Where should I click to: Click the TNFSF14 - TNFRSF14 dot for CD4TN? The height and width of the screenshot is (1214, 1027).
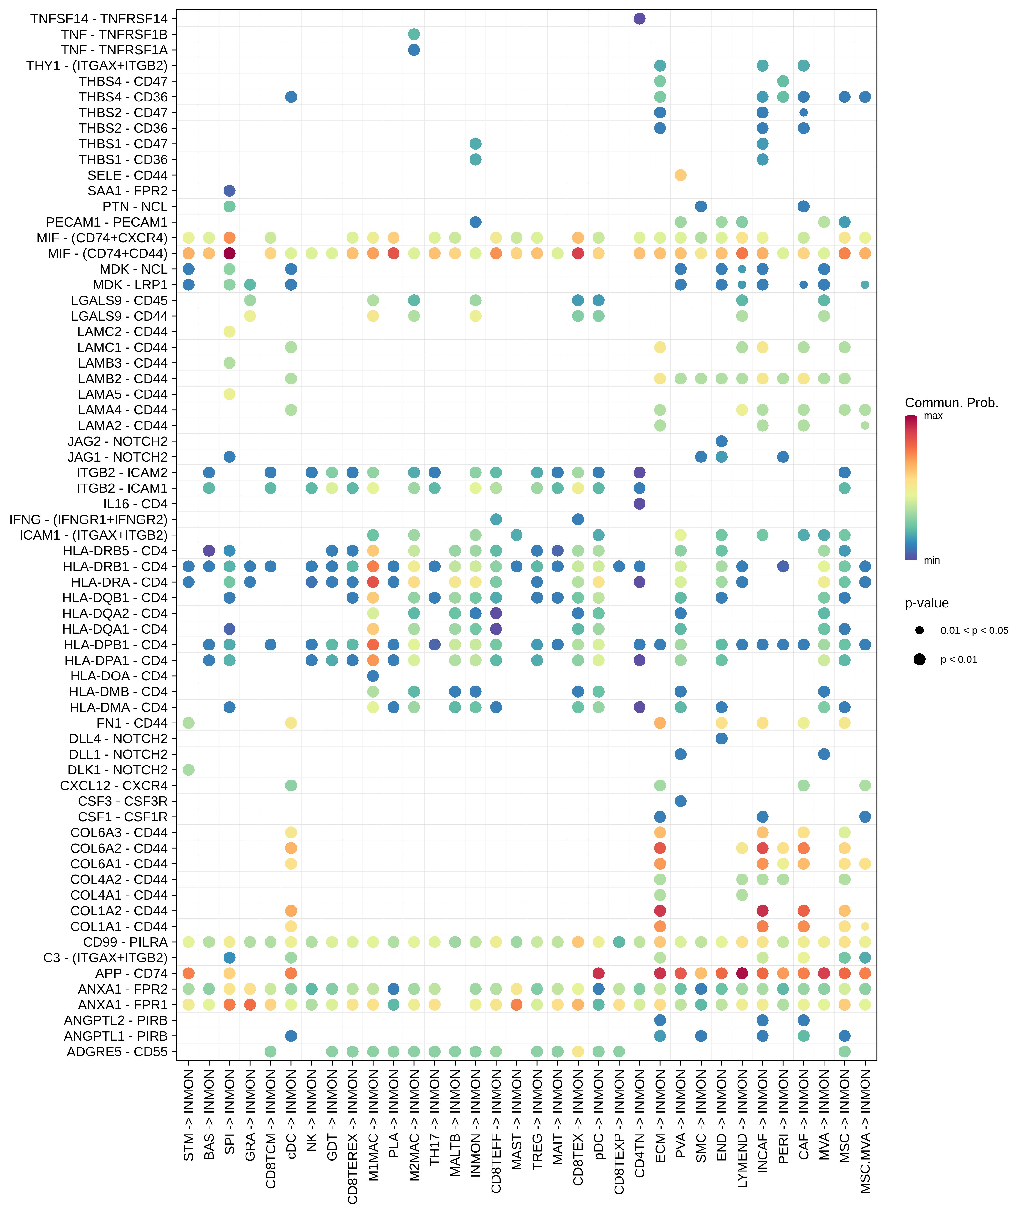click(x=639, y=19)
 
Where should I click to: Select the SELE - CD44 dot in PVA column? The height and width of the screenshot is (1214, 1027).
click(x=680, y=175)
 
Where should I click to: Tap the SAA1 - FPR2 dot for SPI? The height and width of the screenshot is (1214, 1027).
click(x=229, y=191)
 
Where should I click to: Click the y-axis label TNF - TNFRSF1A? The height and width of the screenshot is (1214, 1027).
click(x=114, y=50)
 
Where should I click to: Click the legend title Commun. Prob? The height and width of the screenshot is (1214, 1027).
click(x=951, y=403)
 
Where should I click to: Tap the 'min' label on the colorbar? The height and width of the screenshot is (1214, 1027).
click(x=932, y=560)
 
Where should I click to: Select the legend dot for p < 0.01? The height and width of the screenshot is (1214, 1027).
click(x=919, y=659)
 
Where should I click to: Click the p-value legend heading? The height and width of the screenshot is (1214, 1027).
click(x=926, y=603)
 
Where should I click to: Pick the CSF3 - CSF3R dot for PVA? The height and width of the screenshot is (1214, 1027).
click(x=680, y=801)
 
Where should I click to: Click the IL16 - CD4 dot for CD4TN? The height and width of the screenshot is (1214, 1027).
click(x=639, y=504)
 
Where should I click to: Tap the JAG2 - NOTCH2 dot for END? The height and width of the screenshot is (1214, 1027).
click(x=721, y=441)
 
